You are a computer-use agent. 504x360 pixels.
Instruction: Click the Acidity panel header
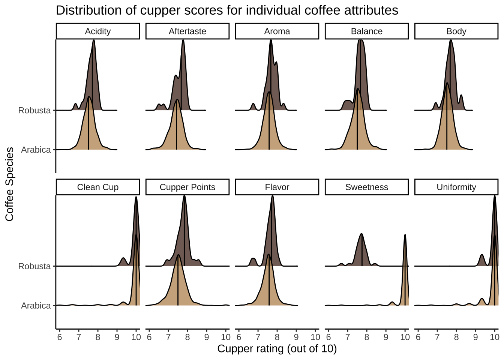pos(98,31)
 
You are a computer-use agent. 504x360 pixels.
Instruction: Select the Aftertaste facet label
pos(187,31)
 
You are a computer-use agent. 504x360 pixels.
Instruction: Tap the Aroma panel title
pos(277,31)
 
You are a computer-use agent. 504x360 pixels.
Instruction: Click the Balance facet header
pos(367,31)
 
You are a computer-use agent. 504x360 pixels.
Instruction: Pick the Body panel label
pos(456,31)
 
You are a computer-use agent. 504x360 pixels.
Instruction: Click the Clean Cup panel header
pos(98,187)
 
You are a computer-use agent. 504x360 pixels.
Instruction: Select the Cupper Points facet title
pos(187,187)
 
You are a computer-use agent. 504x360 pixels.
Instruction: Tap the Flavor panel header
pos(277,187)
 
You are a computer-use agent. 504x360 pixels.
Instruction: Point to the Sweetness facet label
pos(367,187)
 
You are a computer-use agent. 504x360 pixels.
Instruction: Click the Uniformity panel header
pos(456,187)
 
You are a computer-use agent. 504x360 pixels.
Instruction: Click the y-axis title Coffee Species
pos(10,184)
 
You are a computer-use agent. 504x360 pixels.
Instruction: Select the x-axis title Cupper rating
pos(277,349)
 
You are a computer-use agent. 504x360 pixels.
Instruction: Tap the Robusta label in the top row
pos(34,110)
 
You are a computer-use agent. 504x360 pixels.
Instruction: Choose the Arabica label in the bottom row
pos(36,306)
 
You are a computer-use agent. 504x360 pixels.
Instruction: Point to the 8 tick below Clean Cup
pos(98,337)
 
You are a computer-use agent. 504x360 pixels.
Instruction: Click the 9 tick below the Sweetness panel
pos(386,337)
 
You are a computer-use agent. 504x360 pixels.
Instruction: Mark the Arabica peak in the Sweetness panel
pos(405,235)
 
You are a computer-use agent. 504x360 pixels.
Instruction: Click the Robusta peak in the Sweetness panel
pos(362,234)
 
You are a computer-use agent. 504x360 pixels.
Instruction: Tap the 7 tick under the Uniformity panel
pos(437,337)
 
